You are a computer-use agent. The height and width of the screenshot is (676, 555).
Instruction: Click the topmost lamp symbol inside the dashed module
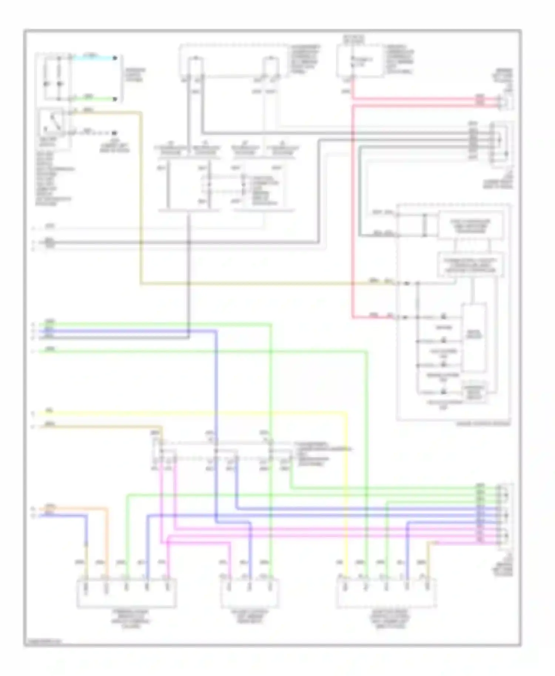point(443,317)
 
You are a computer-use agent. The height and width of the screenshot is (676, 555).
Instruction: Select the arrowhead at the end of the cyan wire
point(115,58)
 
